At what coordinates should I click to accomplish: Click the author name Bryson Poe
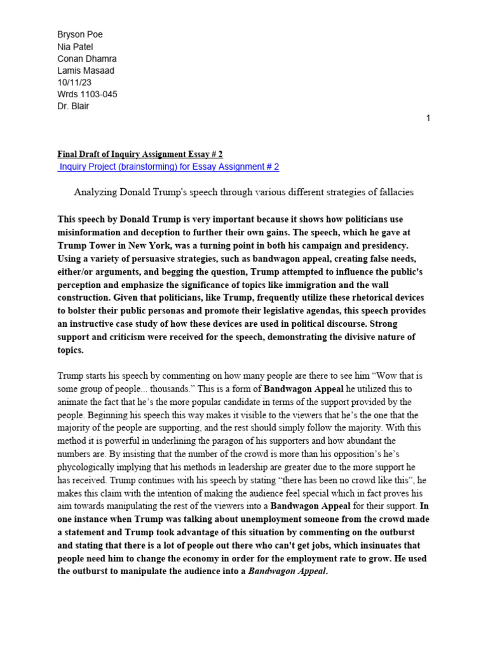(79, 35)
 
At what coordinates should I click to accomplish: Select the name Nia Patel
(75, 47)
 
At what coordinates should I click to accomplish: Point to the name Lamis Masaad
(86, 71)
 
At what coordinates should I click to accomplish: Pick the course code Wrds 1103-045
(87, 94)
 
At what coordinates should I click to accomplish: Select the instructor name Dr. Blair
(73, 106)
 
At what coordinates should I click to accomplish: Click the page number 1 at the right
(428, 118)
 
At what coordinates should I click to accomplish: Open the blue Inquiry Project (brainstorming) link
(168, 167)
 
